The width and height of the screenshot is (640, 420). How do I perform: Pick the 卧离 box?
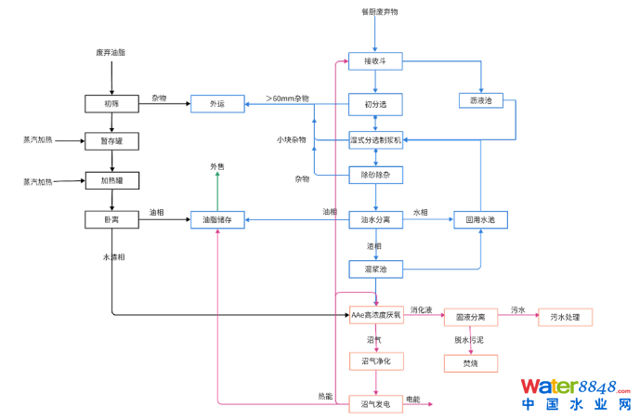(111, 220)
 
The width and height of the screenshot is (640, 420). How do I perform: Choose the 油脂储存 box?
(217, 220)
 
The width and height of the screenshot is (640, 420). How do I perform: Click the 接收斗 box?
(375, 61)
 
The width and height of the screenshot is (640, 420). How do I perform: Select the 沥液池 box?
(481, 99)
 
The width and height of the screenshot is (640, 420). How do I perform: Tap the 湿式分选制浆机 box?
(375, 139)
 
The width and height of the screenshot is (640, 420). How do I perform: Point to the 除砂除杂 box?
(375, 174)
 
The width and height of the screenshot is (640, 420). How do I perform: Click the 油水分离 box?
(375, 220)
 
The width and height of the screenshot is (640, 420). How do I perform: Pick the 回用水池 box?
(481, 220)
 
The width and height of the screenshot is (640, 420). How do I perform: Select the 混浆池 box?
(375, 269)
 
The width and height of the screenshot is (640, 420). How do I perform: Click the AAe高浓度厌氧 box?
(375, 316)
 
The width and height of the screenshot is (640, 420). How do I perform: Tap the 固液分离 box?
(471, 317)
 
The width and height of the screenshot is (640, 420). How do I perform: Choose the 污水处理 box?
(564, 317)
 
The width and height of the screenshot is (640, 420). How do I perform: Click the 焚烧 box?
(471, 363)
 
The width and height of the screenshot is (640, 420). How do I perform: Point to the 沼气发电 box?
(375, 404)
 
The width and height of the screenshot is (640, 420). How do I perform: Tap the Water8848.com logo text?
(575, 386)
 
